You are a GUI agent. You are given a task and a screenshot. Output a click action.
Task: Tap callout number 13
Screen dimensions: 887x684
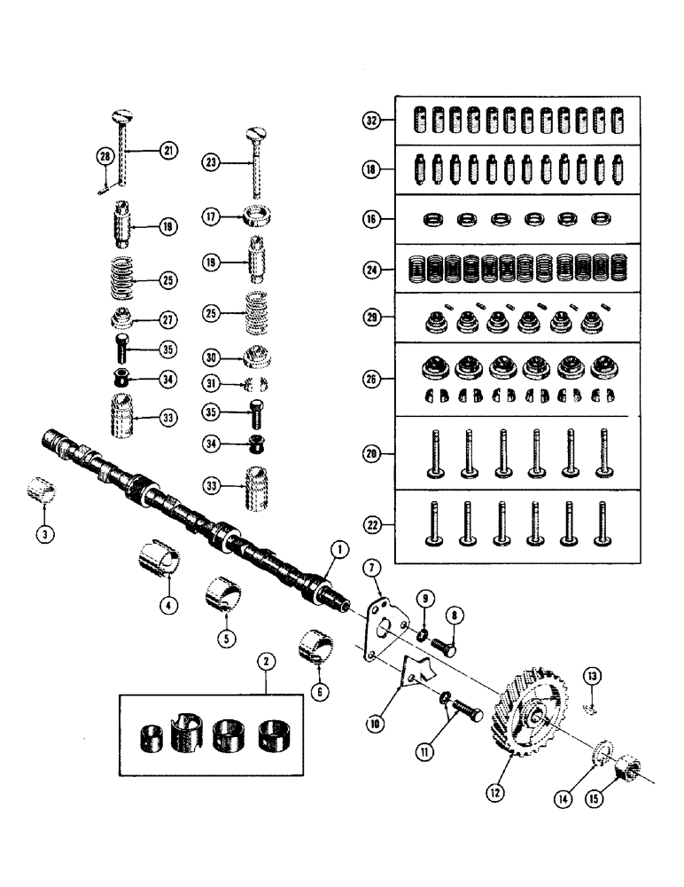pyautogui.click(x=592, y=678)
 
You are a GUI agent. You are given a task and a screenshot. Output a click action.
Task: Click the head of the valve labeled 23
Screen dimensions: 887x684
pyautogui.click(x=254, y=135)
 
